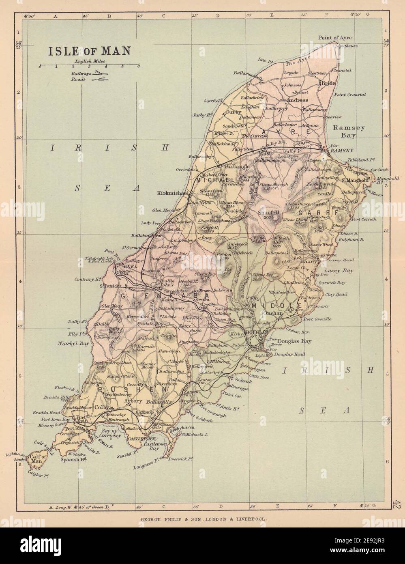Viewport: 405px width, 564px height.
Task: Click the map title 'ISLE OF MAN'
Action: (x=89, y=51)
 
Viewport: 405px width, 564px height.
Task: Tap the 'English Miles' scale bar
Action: (x=89, y=65)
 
